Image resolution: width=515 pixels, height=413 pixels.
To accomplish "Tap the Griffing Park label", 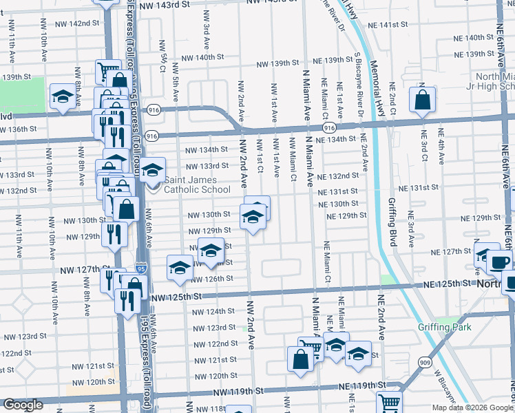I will click(444, 327).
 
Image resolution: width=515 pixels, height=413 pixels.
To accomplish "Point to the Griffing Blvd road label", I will click(395, 219).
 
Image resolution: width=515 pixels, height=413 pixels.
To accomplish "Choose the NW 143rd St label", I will click(164, 5).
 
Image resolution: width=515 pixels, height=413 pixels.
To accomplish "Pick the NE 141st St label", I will click(389, 25).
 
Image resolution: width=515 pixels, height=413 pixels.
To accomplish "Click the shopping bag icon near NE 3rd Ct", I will click(421, 100).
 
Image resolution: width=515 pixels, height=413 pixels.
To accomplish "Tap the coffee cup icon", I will click(498, 263).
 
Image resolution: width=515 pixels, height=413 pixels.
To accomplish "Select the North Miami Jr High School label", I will click(485, 81).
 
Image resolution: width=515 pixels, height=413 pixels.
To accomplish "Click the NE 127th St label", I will click(445, 251).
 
